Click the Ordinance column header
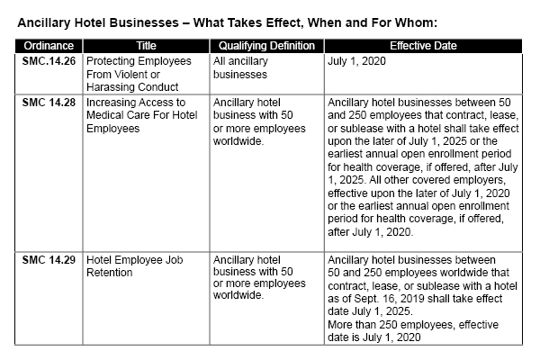(49, 46)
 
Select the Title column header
(146, 46)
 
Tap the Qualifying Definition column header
(266, 46)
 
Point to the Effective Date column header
(423, 46)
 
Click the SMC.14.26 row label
(49, 61)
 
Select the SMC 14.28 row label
(49, 103)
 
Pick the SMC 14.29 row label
(49, 260)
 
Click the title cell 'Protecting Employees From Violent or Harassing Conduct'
(139, 74)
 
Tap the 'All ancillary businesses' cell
(240, 67)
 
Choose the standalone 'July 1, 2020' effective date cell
(356, 61)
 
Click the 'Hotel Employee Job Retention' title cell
(135, 266)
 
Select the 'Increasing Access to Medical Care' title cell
(142, 115)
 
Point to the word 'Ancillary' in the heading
(44, 22)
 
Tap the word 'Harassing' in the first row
(109, 87)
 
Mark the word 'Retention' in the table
(109, 273)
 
